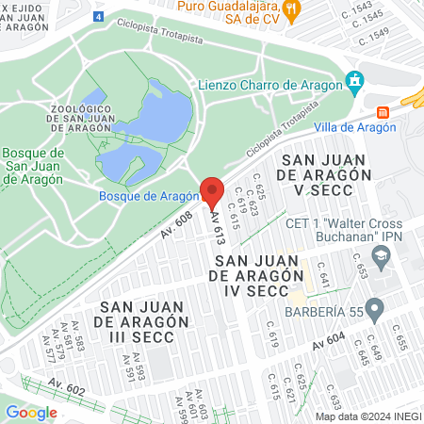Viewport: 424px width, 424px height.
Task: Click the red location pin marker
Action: click(x=212, y=192)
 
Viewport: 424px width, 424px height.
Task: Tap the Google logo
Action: click(x=32, y=412)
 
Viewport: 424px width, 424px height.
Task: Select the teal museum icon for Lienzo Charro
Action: click(x=354, y=82)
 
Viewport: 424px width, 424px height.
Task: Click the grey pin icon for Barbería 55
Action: click(x=374, y=307)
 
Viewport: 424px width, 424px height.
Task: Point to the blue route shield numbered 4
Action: click(x=100, y=17)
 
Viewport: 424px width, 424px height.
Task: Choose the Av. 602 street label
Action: click(x=67, y=385)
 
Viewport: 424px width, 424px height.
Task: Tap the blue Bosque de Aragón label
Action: click(x=150, y=195)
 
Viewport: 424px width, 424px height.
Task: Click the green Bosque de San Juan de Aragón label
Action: click(x=33, y=168)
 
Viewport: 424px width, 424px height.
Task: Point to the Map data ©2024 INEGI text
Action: click(x=367, y=416)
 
